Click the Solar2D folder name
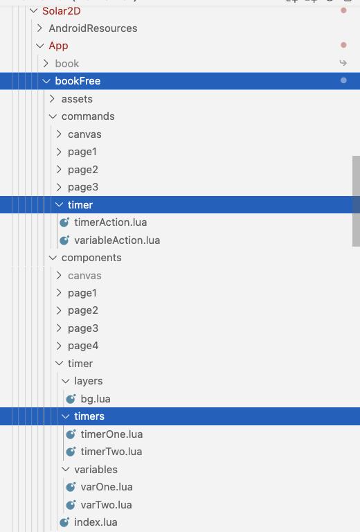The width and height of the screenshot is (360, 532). (x=62, y=11)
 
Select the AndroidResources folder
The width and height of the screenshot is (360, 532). (x=93, y=28)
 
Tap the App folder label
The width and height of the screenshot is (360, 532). (x=58, y=46)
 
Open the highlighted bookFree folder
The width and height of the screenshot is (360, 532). (x=78, y=81)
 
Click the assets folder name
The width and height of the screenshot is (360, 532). (x=77, y=99)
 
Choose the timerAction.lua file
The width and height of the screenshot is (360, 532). (x=111, y=222)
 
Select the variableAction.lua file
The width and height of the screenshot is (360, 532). (x=117, y=240)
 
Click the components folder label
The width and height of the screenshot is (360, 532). (x=91, y=258)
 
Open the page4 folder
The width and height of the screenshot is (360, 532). (x=83, y=346)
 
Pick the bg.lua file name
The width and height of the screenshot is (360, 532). (x=96, y=399)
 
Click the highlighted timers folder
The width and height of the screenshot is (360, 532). (x=89, y=416)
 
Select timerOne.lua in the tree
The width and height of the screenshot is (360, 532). (x=111, y=434)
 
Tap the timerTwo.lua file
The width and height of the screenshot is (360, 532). (x=111, y=452)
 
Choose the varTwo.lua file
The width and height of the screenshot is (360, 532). (x=106, y=505)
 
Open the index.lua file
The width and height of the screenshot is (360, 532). (x=96, y=522)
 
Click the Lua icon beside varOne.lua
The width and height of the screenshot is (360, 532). (x=71, y=487)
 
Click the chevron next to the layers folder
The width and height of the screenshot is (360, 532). (x=66, y=382)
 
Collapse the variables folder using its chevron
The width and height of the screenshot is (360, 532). (x=66, y=470)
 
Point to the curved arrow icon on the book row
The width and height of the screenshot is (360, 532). (x=343, y=63)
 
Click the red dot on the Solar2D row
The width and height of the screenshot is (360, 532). (x=343, y=10)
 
